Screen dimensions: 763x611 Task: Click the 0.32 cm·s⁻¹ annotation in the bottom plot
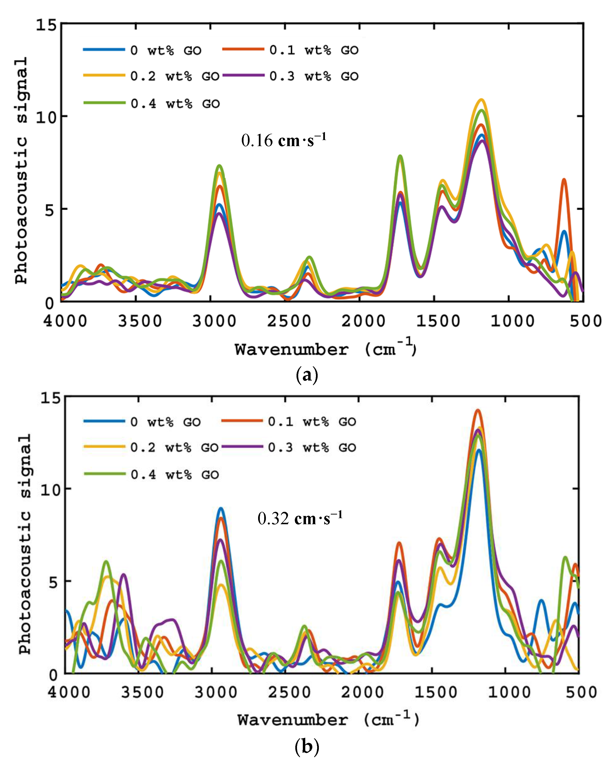[x=300, y=518]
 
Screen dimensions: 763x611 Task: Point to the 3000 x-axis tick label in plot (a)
[x=214, y=321]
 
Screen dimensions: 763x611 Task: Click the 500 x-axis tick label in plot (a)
[x=585, y=321]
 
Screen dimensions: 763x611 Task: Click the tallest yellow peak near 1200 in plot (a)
[x=481, y=100]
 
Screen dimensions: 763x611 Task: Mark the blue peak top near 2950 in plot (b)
[x=221, y=509]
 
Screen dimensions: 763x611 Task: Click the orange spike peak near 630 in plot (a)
[x=564, y=180]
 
